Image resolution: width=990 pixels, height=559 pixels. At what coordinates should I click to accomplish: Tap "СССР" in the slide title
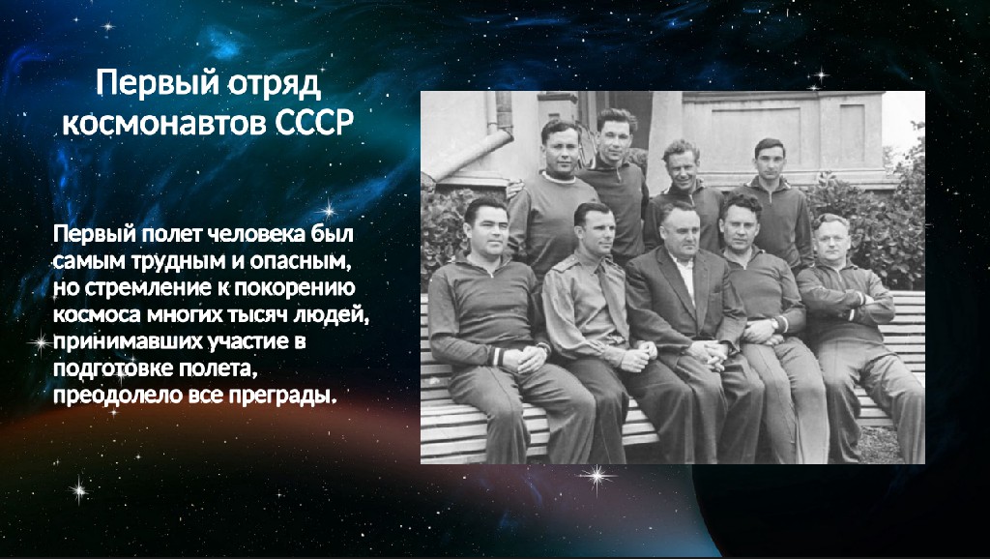313,123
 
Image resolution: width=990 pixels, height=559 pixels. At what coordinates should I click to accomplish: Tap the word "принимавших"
128,341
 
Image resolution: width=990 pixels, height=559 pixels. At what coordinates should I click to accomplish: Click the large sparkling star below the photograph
596,477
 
